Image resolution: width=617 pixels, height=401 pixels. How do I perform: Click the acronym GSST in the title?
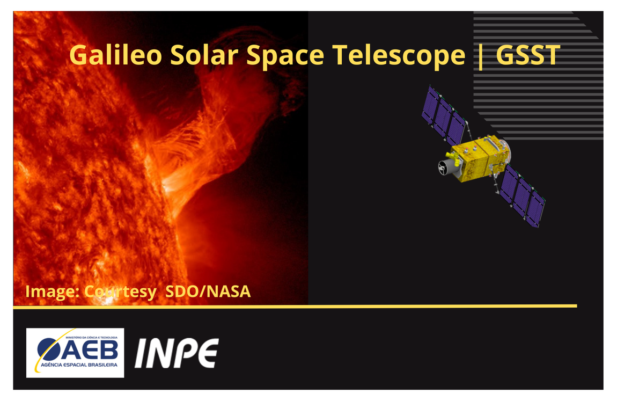pyautogui.click(x=528, y=55)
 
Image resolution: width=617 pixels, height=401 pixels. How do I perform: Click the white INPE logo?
pyautogui.click(x=176, y=353)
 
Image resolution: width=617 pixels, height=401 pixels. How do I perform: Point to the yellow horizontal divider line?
pyautogui.click(x=295, y=307)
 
